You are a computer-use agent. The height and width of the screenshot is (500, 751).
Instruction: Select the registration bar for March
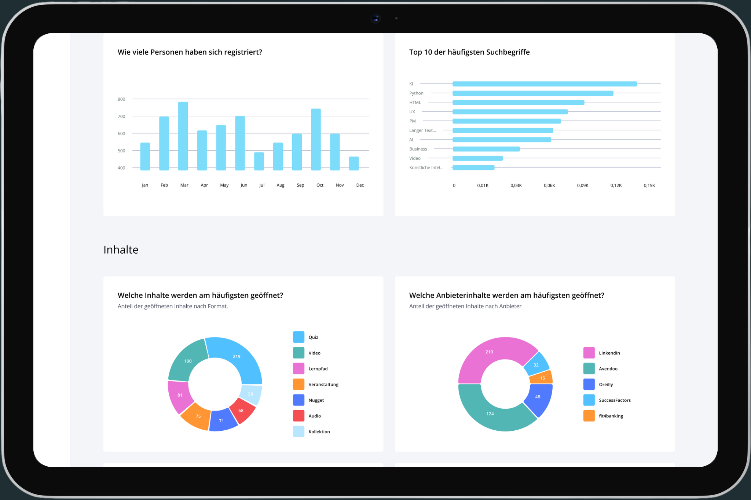[183, 136]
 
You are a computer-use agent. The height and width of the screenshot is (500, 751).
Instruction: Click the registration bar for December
[354, 163]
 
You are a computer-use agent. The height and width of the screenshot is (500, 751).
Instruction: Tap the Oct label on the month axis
[320, 185]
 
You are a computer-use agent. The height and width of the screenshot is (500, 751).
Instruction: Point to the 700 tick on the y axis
[121, 117]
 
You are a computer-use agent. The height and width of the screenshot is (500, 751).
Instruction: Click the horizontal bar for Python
[532, 93]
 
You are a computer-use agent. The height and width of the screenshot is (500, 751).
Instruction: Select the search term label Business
[418, 149]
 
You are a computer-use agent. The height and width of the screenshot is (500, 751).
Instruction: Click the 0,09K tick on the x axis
[582, 185]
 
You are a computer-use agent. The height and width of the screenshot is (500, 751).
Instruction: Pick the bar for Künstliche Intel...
[473, 168]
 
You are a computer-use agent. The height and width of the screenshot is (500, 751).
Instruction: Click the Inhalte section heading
[121, 250]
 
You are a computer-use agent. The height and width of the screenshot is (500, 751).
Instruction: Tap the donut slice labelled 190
[188, 361]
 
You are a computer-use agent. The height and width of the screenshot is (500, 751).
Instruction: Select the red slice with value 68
[242, 411]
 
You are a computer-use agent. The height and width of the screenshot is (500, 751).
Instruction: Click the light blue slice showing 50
[251, 394]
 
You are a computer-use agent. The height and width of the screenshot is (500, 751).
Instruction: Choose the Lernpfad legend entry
[318, 369]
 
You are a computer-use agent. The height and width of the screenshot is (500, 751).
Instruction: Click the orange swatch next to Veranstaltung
[298, 384]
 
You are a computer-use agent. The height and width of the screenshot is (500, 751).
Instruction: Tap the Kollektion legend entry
[319, 432]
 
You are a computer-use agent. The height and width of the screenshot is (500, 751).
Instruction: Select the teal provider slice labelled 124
[490, 413]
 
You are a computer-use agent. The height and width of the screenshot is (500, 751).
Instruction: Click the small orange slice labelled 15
[542, 378]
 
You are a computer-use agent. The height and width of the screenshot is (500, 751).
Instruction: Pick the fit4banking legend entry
[611, 416]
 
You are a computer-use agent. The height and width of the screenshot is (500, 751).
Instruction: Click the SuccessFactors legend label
[615, 400]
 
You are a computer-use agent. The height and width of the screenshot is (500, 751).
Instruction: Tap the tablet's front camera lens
[376, 18]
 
